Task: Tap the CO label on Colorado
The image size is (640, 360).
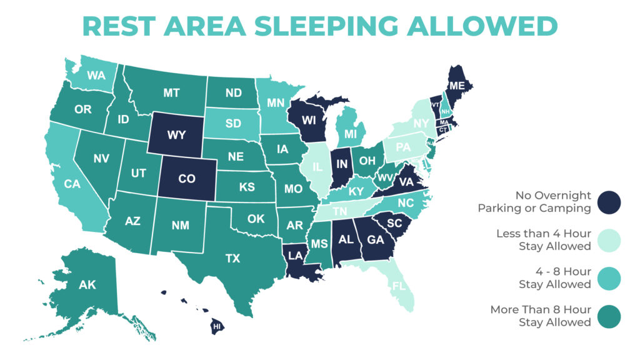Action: point(187,179)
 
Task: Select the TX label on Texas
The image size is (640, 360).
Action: point(233,257)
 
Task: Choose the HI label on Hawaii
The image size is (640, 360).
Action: point(216,326)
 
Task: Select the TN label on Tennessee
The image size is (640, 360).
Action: point(339,211)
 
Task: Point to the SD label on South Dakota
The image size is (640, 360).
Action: point(233,123)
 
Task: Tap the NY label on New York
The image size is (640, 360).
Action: point(421,124)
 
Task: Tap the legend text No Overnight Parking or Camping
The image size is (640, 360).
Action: point(534,201)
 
